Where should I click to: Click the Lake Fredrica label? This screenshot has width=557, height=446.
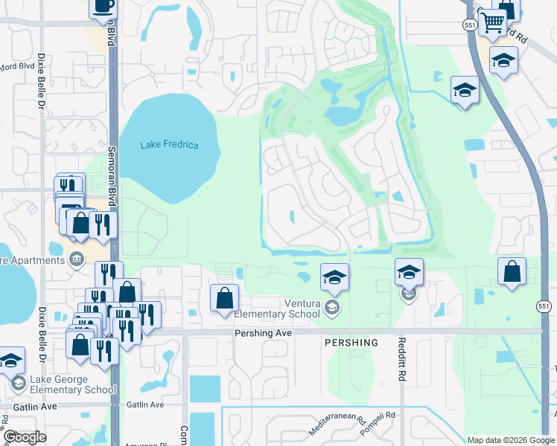coord(169,144)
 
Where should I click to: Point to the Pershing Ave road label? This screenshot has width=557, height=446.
coord(262,334)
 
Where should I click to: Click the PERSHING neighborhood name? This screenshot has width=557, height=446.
coord(351,343)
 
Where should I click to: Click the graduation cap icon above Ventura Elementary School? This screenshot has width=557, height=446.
coord(334,277)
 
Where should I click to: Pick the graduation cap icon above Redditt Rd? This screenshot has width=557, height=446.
coord(409,272)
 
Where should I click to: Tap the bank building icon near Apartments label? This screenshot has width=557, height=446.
coord(76,259)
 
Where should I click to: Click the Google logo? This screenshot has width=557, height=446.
coord(25,437)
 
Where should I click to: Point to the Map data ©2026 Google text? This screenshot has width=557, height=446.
coord(510,440)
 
